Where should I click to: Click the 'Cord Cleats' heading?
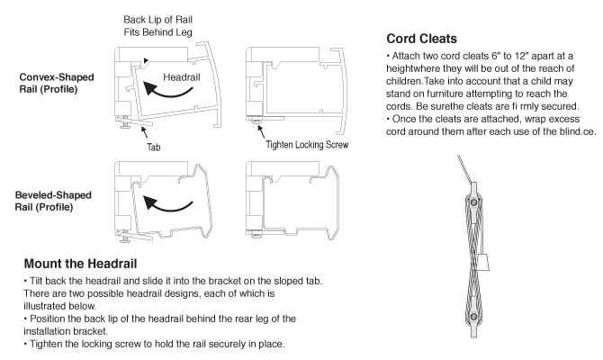click(421, 39)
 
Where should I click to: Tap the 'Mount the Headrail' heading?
click(80, 264)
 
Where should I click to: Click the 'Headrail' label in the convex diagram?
click(182, 77)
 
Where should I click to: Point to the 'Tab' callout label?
click(153, 148)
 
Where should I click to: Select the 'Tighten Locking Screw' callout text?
click(307, 145)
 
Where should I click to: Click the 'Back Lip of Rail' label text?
click(158, 20)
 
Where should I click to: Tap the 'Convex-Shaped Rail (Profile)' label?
click(57, 83)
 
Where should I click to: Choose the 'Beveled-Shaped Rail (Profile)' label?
click(53, 202)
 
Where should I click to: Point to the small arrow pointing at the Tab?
click(144, 132)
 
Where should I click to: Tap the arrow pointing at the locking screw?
click(261, 131)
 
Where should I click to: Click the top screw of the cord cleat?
click(474, 202)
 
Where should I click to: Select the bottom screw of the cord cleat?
click(474, 317)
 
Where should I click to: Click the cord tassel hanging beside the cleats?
click(483, 262)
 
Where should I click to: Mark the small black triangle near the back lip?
click(146, 60)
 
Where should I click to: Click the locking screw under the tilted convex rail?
click(124, 123)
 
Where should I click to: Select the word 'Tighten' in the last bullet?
click(46, 344)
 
